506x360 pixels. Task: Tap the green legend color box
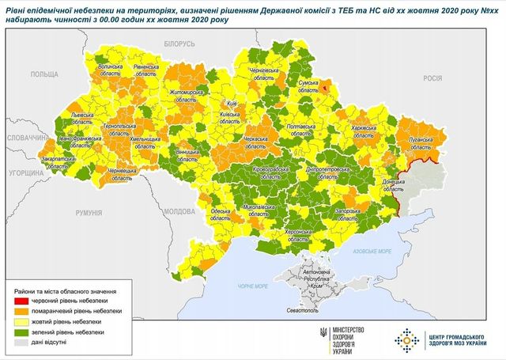(x=21, y=334)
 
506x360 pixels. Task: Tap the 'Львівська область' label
(x=84, y=119)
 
